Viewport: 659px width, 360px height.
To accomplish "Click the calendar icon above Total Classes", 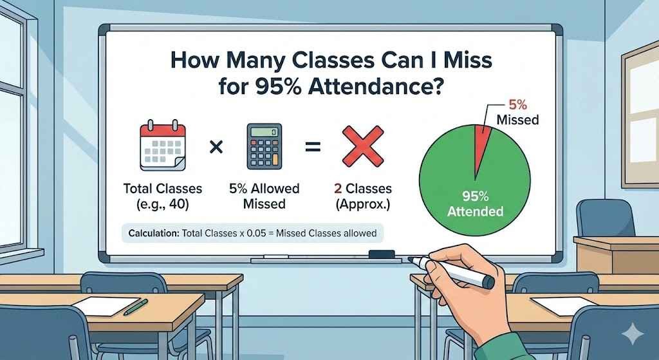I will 163,147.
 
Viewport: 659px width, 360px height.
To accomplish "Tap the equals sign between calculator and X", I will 313,147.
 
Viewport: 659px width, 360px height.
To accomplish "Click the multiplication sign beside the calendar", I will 216,147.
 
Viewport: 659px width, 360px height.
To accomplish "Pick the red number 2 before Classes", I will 338,189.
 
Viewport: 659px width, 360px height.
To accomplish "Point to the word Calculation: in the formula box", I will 153,232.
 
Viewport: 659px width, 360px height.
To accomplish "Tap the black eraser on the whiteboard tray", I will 381,255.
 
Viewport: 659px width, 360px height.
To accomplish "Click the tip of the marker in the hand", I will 412,260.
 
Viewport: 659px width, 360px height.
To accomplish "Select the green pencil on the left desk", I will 136,307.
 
